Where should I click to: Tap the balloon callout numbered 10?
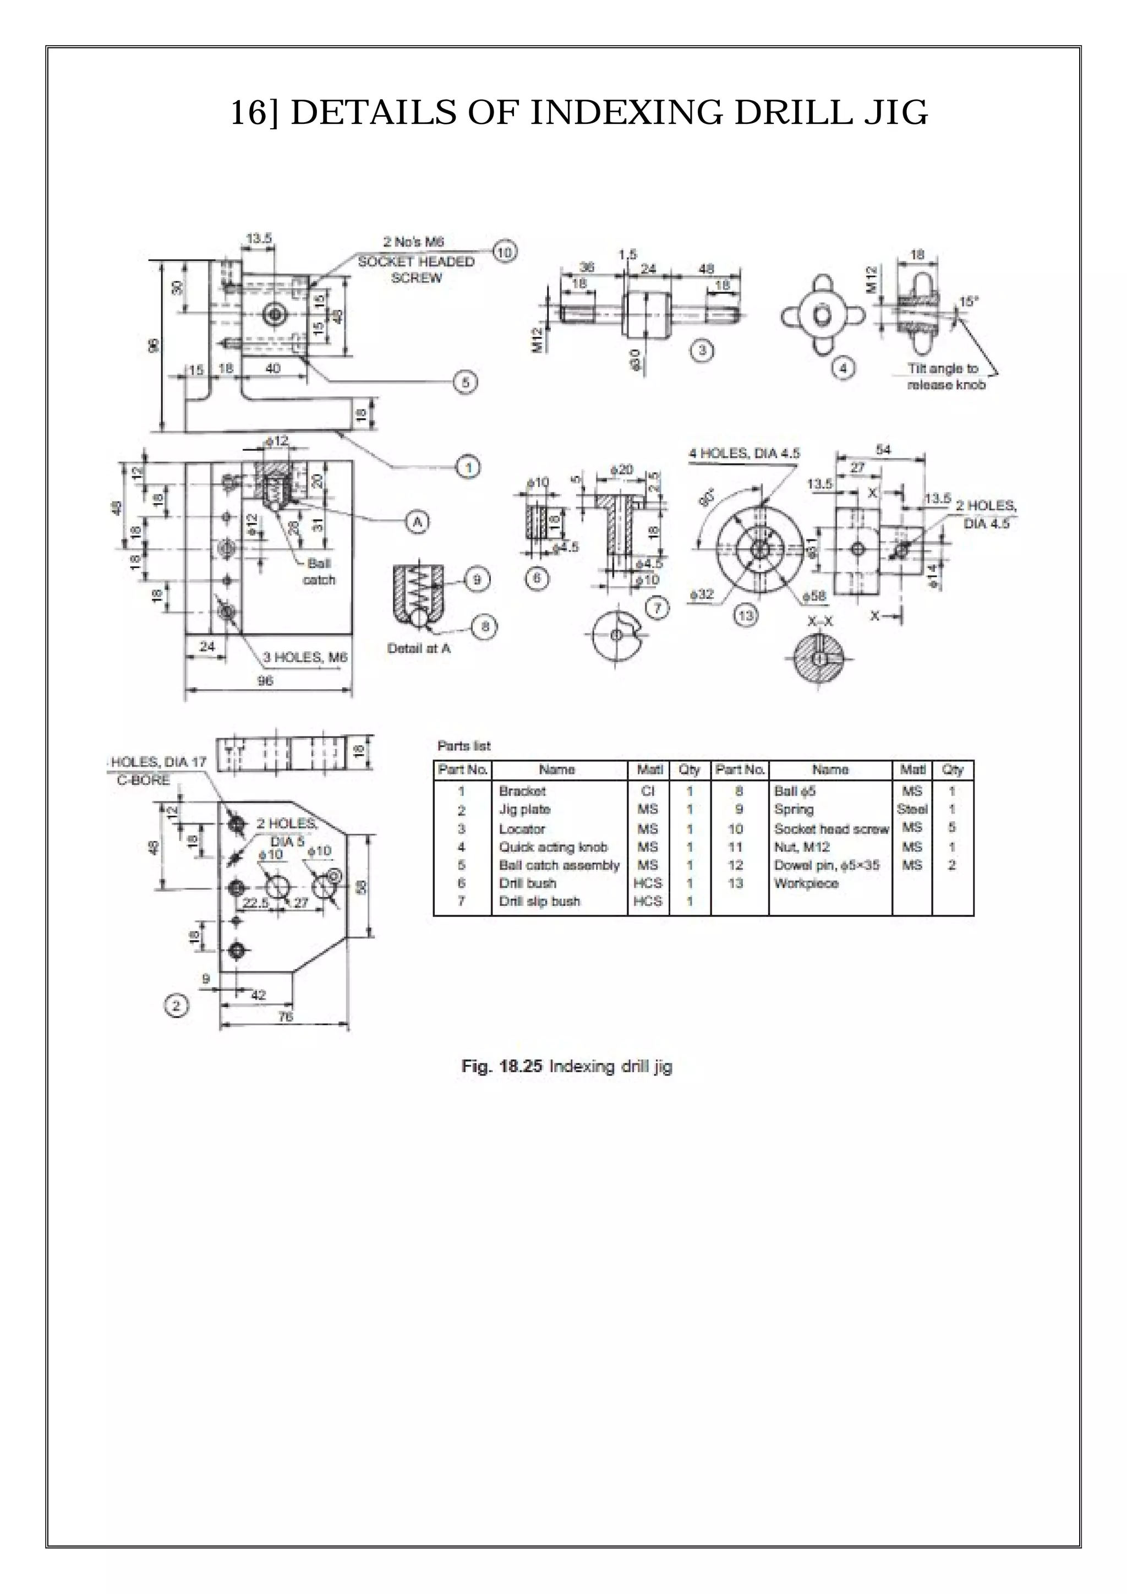click(505, 253)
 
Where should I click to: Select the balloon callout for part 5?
click(466, 382)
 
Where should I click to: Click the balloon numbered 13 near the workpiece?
click(746, 616)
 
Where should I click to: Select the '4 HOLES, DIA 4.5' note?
click(744, 454)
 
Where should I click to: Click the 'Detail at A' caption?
click(418, 648)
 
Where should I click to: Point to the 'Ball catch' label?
click(319, 571)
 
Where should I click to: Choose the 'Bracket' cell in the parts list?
click(522, 791)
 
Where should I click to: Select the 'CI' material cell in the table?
click(648, 791)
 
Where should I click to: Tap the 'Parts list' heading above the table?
click(463, 746)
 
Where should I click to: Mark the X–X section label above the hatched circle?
click(820, 621)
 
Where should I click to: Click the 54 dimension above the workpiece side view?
click(883, 450)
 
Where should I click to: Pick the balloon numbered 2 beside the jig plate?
click(176, 1005)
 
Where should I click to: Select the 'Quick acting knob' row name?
click(553, 847)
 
